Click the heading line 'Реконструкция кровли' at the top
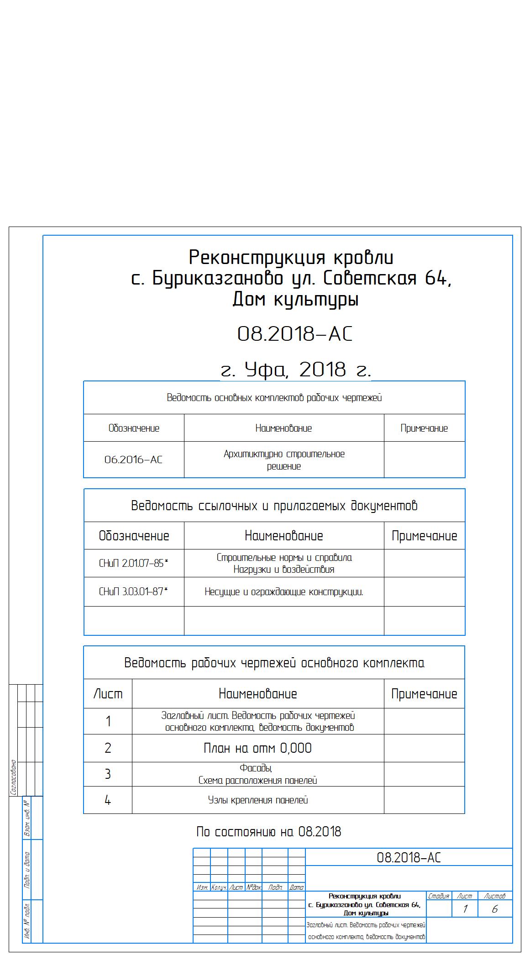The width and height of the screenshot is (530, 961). pos(291,258)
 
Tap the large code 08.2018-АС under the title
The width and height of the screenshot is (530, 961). pos(295,334)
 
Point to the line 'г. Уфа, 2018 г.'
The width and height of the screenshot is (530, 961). pos(295,370)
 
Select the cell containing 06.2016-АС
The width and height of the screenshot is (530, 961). pos(133,459)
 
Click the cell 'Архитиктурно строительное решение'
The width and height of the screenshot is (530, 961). pos(284,460)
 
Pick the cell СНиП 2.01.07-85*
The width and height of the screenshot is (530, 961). pos(133,563)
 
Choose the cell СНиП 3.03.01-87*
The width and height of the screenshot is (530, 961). pos(133,592)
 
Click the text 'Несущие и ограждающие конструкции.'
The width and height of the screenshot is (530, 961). pos(284,592)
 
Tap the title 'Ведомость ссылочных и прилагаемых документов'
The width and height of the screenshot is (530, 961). pos(274,506)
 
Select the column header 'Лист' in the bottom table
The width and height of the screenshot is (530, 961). pos(108,694)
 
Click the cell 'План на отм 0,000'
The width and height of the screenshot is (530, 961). pos(257,748)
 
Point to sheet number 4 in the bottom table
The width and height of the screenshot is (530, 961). pos(108,800)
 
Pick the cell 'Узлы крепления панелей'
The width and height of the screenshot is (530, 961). pos(258,800)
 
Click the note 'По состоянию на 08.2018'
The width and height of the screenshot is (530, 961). pos(268,832)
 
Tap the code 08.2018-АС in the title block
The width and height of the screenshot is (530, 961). pos(409,858)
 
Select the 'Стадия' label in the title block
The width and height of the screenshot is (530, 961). pos(438,896)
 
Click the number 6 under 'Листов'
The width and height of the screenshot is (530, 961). pos(494,909)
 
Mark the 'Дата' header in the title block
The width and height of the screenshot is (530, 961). pos(297,887)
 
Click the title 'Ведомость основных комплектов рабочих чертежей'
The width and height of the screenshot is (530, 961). pos(274,398)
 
